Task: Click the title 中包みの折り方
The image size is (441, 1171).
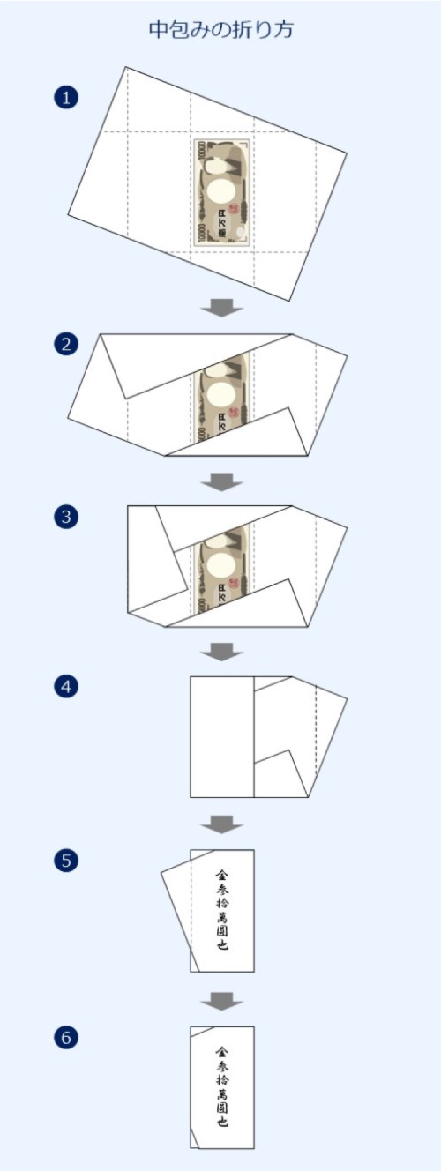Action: [x=220, y=30]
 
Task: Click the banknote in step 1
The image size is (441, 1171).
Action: [x=221, y=192]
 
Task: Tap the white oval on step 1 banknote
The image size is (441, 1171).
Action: [x=221, y=191]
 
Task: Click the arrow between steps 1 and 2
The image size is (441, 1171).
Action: [x=221, y=308]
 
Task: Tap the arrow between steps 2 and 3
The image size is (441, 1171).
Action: [x=221, y=481]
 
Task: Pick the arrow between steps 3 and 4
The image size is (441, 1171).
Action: [x=221, y=652]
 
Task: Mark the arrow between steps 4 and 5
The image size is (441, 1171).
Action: [x=221, y=824]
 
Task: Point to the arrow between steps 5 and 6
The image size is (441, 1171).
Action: [x=221, y=1000]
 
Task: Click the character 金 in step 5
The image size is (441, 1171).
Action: [x=222, y=876]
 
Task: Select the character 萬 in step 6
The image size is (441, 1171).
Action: [x=222, y=1084]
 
